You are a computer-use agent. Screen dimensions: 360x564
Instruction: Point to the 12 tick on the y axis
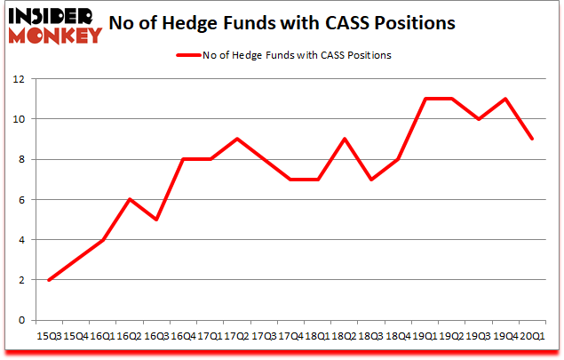click(19, 79)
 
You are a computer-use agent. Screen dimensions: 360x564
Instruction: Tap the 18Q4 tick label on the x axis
click(398, 335)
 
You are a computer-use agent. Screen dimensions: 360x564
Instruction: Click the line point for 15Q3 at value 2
click(48, 280)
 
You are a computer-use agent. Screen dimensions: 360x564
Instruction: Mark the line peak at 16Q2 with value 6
click(130, 199)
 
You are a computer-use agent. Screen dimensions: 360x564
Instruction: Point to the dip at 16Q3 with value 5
click(156, 220)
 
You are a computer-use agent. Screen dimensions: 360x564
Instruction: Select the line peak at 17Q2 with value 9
click(237, 139)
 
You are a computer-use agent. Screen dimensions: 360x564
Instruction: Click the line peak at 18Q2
click(346, 139)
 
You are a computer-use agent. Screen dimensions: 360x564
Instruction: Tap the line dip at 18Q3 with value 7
click(372, 180)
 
